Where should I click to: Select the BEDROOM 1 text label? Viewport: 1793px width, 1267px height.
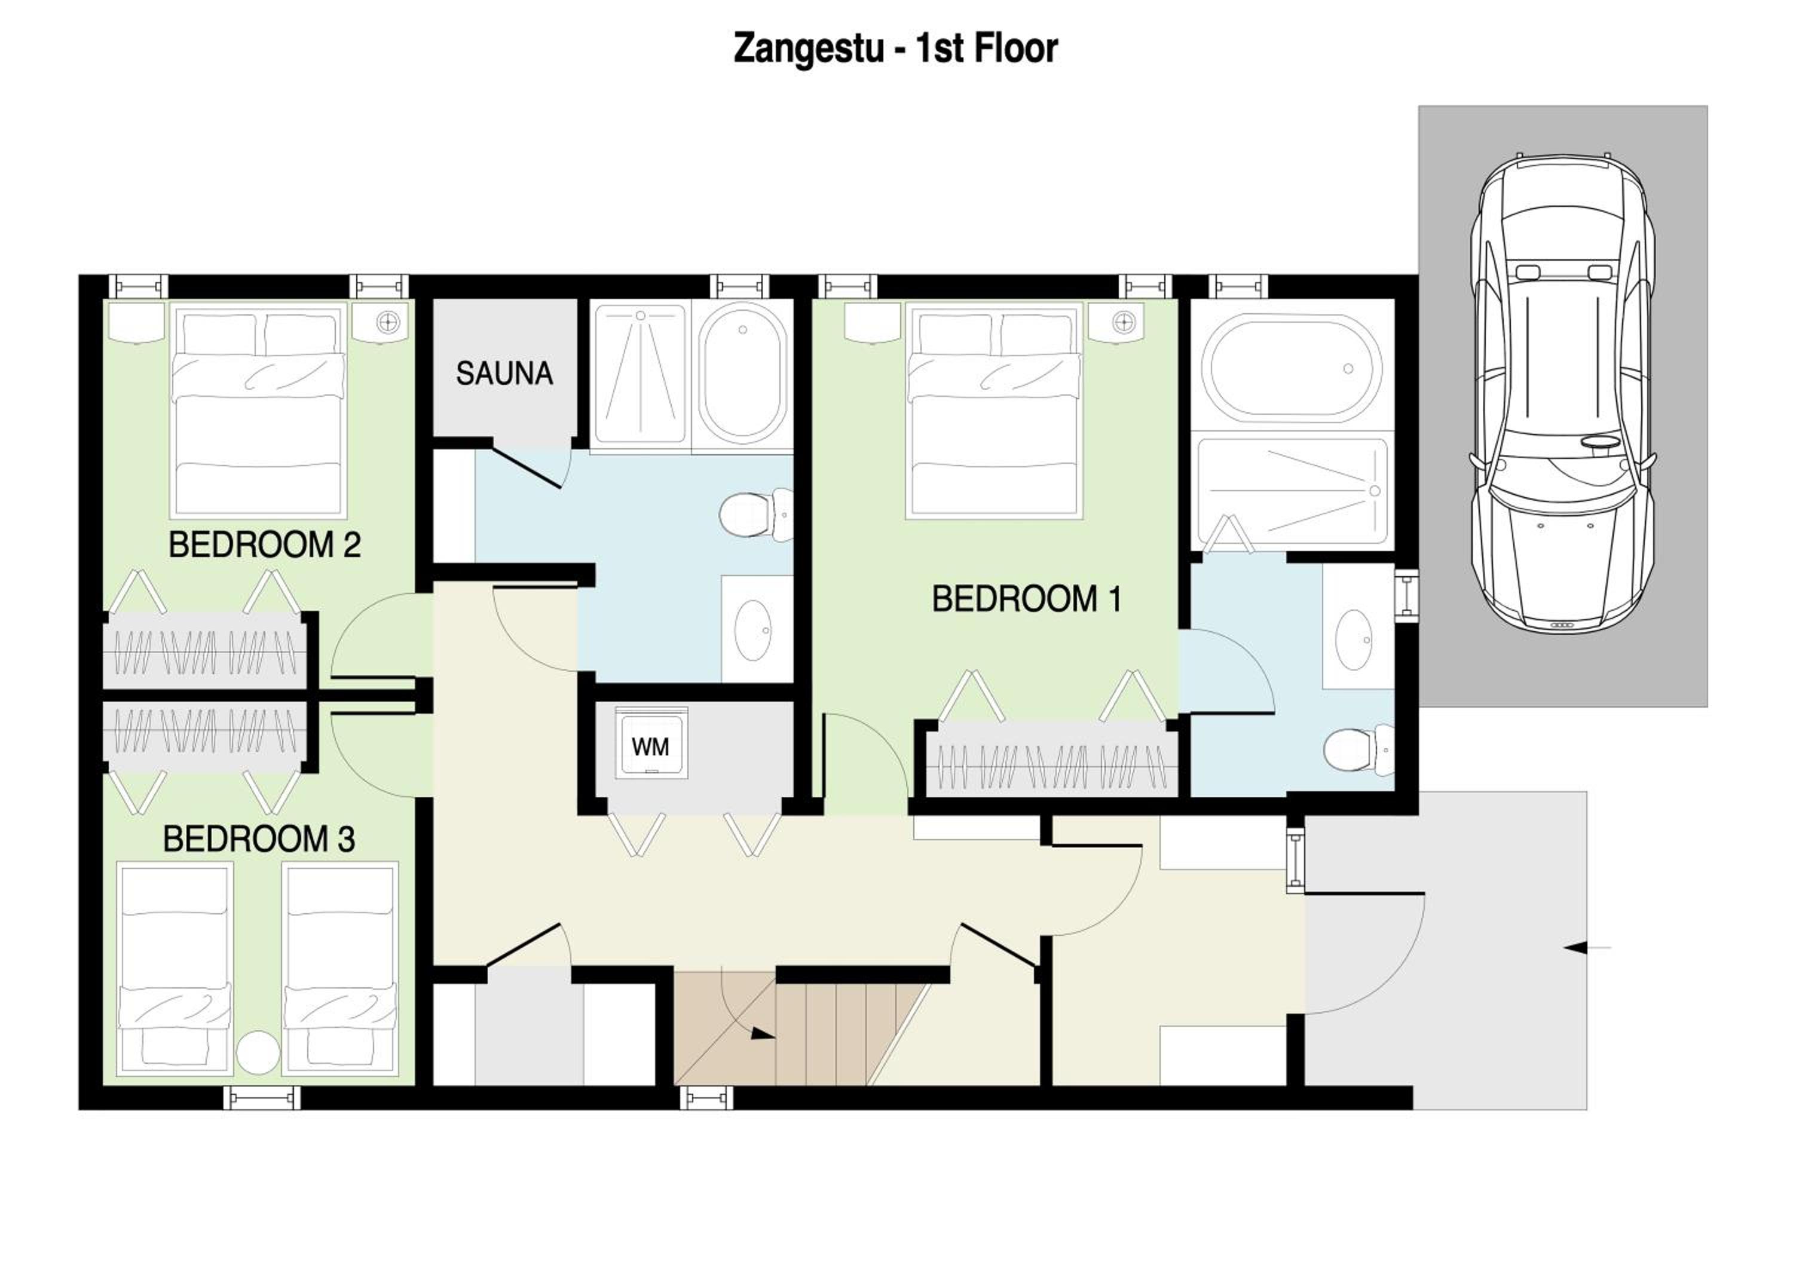tap(1026, 599)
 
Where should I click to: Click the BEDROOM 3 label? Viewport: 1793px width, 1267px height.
tap(258, 839)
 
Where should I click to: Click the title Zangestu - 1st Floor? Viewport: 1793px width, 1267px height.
tap(896, 48)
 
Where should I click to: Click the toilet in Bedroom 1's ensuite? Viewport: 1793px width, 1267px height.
tap(1359, 750)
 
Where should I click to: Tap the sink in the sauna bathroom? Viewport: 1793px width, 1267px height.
tap(754, 629)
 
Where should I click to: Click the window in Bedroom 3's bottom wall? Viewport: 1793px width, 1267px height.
tap(262, 1098)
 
